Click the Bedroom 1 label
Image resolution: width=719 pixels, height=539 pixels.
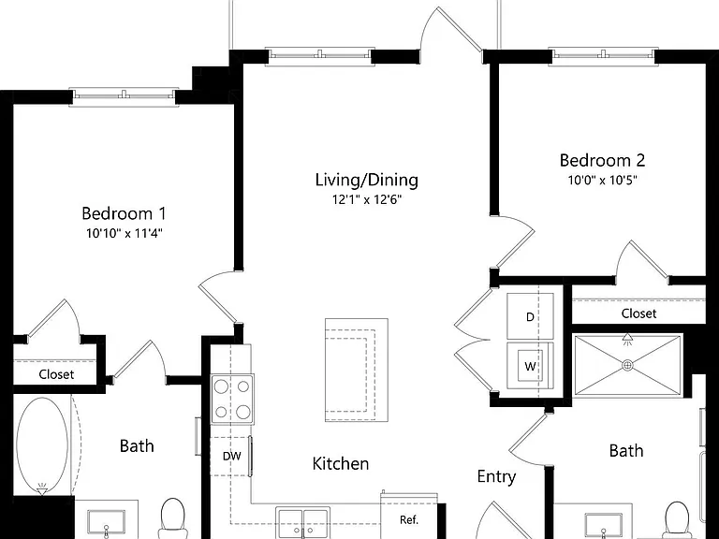pyautogui.click(x=124, y=213)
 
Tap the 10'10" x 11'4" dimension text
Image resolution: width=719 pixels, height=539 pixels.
pyautogui.click(x=125, y=233)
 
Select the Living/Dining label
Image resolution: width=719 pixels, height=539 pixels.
pyautogui.click(x=366, y=180)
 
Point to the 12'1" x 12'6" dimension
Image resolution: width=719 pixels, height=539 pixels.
pyautogui.click(x=367, y=199)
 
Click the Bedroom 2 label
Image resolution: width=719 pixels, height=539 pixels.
pyautogui.click(x=602, y=160)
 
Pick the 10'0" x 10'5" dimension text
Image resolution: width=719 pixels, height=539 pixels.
pyautogui.click(x=603, y=180)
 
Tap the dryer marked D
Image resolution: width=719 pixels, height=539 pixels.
pyautogui.click(x=530, y=316)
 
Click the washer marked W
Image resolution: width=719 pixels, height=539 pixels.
pyautogui.click(x=530, y=366)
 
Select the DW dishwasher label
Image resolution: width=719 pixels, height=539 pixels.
pyautogui.click(x=232, y=456)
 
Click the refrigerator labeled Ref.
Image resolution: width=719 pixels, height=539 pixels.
pyautogui.click(x=409, y=517)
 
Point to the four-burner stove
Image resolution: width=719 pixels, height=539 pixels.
pyautogui.click(x=232, y=400)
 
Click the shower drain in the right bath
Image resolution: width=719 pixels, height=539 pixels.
pyautogui.click(x=628, y=365)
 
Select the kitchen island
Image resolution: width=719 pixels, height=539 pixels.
pyautogui.click(x=357, y=370)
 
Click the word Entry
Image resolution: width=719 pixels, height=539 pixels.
pyautogui.click(x=496, y=477)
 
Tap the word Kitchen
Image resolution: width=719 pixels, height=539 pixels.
pyautogui.click(x=340, y=463)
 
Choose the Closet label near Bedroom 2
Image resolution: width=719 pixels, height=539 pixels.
pyautogui.click(x=638, y=313)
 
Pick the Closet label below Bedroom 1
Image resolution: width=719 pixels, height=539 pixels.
pyautogui.click(x=56, y=374)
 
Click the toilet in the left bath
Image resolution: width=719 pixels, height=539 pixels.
pyautogui.click(x=172, y=518)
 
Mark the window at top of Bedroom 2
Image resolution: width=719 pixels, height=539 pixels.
pyautogui.click(x=604, y=55)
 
